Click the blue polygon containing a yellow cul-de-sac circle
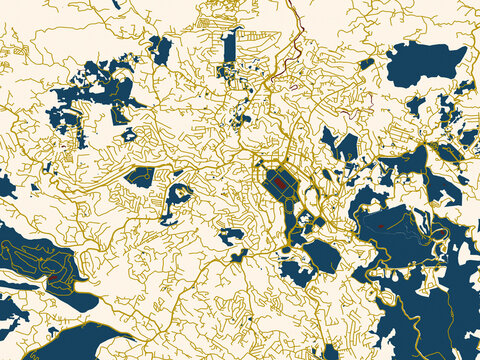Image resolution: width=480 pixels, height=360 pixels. point(140,177)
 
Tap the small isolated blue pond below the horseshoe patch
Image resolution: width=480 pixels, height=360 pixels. point(231,237)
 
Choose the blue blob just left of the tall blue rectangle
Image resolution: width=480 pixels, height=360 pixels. point(160,50)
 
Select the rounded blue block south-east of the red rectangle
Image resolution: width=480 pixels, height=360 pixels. point(322,256)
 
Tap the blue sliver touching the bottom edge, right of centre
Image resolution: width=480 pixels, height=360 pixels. point(331,352)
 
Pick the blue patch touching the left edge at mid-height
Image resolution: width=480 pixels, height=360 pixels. point(6,185)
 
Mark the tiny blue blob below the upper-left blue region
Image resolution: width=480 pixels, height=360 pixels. point(128,134)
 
